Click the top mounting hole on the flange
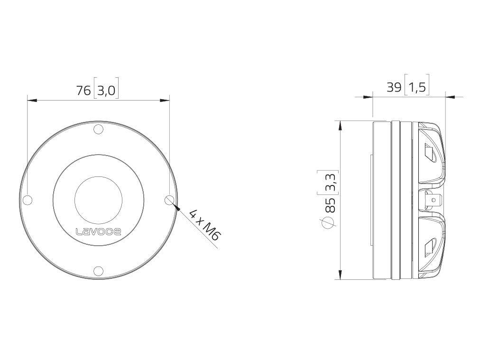click(98, 129)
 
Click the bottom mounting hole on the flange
click(98, 271)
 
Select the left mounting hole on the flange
click(28, 200)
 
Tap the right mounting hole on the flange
click(169, 200)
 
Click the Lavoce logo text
click(98, 231)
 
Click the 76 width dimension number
click(83, 91)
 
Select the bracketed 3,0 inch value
click(106, 91)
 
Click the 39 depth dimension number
click(394, 87)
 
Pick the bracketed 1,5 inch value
click(417, 87)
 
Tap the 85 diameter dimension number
click(330, 204)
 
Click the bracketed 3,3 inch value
click(330, 182)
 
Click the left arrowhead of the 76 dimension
click(32, 100)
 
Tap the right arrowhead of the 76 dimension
click(165, 100)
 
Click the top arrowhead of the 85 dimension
click(340, 125)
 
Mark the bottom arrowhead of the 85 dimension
click(340, 275)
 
